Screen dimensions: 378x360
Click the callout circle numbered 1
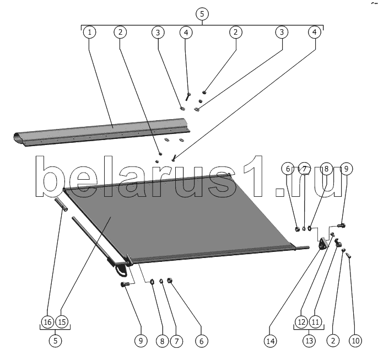click(89, 32)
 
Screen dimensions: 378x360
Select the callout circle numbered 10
click(355, 341)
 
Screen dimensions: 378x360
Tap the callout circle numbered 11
click(315, 321)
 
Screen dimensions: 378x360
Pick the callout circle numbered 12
click(301, 321)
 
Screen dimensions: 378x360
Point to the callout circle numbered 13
click(309, 341)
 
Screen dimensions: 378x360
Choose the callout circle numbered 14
click(271, 341)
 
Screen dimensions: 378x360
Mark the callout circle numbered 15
click(62, 321)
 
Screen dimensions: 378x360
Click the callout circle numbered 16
click(47, 321)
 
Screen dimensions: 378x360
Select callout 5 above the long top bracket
click(202, 14)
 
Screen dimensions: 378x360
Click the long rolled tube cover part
click(101, 132)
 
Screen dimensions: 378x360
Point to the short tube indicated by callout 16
click(61, 204)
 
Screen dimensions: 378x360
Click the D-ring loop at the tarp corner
click(121, 269)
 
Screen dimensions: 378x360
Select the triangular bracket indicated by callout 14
click(323, 243)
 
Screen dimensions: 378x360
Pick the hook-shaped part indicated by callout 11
click(338, 243)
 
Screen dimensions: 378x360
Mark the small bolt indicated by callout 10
click(349, 255)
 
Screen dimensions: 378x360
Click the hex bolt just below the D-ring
click(125, 284)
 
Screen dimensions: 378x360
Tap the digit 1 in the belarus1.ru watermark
click(253, 176)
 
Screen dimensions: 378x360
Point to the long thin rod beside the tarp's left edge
click(93, 241)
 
